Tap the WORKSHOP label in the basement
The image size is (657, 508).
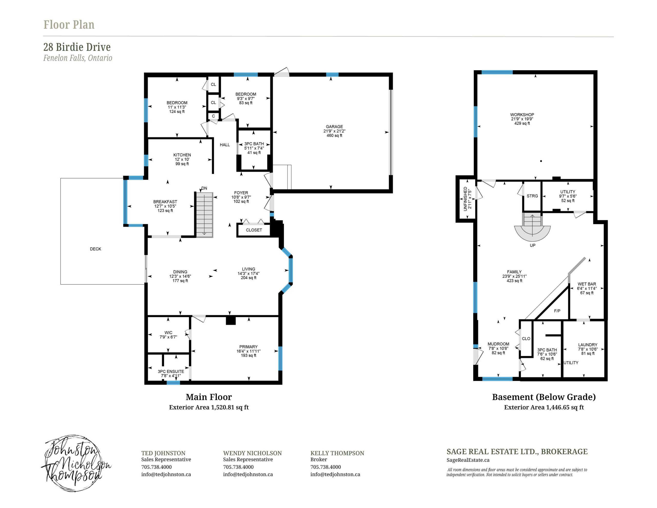(x=522, y=115)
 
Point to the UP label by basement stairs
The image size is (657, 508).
(x=533, y=246)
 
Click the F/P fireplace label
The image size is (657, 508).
(x=557, y=311)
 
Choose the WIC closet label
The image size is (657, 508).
(x=168, y=333)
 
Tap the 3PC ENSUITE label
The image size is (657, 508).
(x=171, y=372)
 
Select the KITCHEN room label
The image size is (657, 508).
(x=182, y=155)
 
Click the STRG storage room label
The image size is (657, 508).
(x=532, y=196)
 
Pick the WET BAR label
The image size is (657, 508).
(x=587, y=284)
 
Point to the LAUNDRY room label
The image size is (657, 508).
(x=587, y=345)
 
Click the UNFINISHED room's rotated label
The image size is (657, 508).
(x=465, y=199)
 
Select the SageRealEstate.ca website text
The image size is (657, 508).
(x=468, y=460)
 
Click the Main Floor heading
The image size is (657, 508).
(x=209, y=397)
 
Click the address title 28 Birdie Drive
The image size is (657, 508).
(x=77, y=47)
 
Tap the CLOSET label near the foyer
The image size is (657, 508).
(x=254, y=230)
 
